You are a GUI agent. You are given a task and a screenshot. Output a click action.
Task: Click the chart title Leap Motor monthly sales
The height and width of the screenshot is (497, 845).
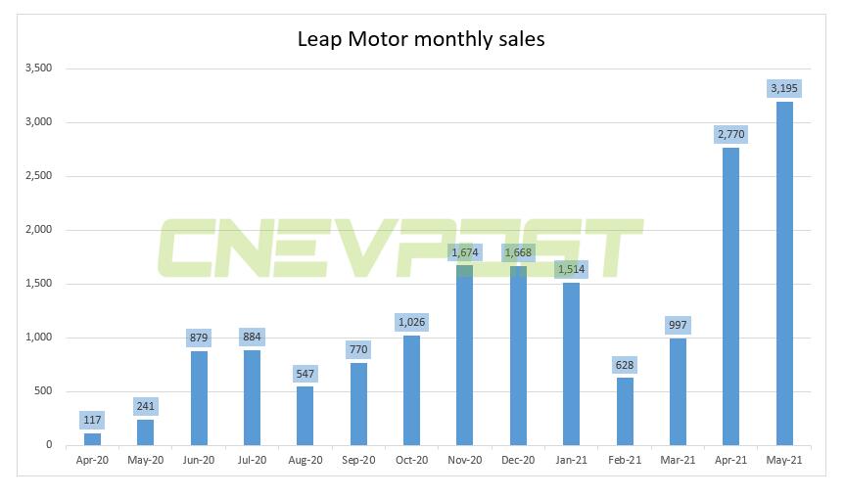click(x=421, y=40)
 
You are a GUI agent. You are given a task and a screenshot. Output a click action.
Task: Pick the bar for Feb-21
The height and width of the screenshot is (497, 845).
click(x=625, y=411)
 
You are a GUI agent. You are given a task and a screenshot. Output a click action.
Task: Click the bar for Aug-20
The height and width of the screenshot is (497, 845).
click(x=305, y=416)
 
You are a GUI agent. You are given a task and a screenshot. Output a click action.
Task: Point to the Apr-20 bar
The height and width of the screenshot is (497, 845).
click(x=93, y=439)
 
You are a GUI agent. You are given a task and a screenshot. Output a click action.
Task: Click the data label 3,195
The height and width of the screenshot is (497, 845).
click(x=784, y=89)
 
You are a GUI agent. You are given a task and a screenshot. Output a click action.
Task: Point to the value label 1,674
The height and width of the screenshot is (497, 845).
click(x=465, y=252)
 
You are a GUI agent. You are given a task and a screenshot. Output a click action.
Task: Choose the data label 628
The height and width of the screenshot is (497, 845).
click(x=625, y=365)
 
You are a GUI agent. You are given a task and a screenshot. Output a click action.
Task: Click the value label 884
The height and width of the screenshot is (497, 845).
click(x=253, y=338)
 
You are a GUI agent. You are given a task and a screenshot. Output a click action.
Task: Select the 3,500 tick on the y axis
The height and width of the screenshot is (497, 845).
click(x=39, y=68)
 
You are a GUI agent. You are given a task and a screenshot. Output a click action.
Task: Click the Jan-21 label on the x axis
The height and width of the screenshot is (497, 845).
click(x=572, y=459)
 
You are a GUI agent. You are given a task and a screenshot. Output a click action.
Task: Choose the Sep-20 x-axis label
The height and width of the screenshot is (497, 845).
click(x=358, y=459)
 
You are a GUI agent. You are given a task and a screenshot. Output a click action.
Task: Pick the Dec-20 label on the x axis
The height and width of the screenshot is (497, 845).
click(x=518, y=459)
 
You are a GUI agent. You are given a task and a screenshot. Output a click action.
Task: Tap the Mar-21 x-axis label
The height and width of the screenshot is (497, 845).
click(x=678, y=459)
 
